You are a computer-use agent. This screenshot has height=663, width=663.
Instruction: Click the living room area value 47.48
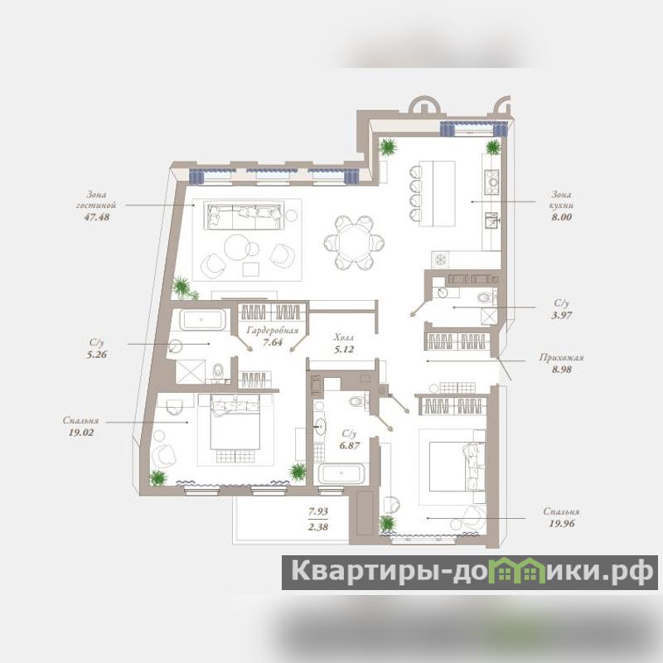point(97,217)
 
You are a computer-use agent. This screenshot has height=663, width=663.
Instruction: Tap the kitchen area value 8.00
point(562,217)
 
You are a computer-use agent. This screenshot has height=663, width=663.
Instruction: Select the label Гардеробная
point(273,330)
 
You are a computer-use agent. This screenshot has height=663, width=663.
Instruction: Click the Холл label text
point(344,337)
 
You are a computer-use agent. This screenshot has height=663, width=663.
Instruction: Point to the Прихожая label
point(562,358)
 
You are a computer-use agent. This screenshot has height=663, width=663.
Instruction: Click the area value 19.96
point(562,524)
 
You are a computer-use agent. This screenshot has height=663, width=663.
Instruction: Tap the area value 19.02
point(80,432)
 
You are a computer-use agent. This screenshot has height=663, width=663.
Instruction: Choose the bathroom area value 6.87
point(349,445)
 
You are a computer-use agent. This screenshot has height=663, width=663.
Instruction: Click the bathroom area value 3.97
point(562,315)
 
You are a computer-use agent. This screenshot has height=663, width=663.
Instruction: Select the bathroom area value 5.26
point(97,355)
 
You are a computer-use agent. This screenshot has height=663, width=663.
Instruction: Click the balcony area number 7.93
point(318,511)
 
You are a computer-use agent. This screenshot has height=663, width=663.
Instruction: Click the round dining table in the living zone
point(354,243)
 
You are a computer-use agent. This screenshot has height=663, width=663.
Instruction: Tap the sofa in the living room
point(244,215)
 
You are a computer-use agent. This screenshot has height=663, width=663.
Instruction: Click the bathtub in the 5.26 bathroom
point(202,320)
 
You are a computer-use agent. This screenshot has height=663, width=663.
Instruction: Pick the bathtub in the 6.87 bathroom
point(341,473)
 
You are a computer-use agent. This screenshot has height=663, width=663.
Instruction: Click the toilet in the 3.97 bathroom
point(485,298)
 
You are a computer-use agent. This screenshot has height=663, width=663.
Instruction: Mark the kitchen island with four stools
point(438,193)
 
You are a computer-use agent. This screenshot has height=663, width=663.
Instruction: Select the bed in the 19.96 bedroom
point(457,467)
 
